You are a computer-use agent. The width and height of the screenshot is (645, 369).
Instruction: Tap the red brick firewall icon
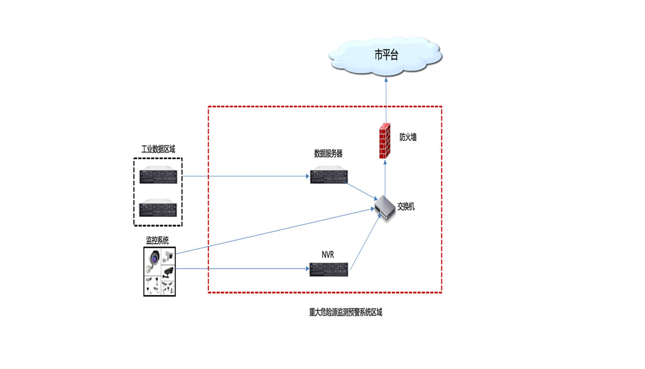(x=384, y=141)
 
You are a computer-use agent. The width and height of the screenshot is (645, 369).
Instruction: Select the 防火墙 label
(x=407, y=137)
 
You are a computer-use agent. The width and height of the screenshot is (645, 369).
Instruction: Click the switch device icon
(x=386, y=207)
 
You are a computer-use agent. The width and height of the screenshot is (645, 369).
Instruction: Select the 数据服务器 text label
(x=328, y=154)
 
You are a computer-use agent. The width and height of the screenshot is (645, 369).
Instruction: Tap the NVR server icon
(x=328, y=269)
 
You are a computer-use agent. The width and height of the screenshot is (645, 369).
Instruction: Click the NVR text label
(x=327, y=254)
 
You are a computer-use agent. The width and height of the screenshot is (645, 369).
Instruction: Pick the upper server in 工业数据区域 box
(x=158, y=176)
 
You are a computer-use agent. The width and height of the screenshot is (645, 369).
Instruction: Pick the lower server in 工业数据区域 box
(x=158, y=209)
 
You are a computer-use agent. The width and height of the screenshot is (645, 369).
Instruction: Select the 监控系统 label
(x=157, y=240)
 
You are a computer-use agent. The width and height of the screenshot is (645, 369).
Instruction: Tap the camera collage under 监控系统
(x=160, y=272)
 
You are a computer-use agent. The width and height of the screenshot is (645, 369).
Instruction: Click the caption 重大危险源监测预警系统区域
(x=342, y=313)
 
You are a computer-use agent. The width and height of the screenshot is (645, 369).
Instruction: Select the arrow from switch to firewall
(x=385, y=178)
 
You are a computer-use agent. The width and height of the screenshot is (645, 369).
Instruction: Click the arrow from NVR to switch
(x=364, y=242)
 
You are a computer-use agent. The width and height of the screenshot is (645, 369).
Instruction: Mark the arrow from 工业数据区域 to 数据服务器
(x=245, y=176)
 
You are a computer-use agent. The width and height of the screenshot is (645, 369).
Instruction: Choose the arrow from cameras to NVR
(x=242, y=268)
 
